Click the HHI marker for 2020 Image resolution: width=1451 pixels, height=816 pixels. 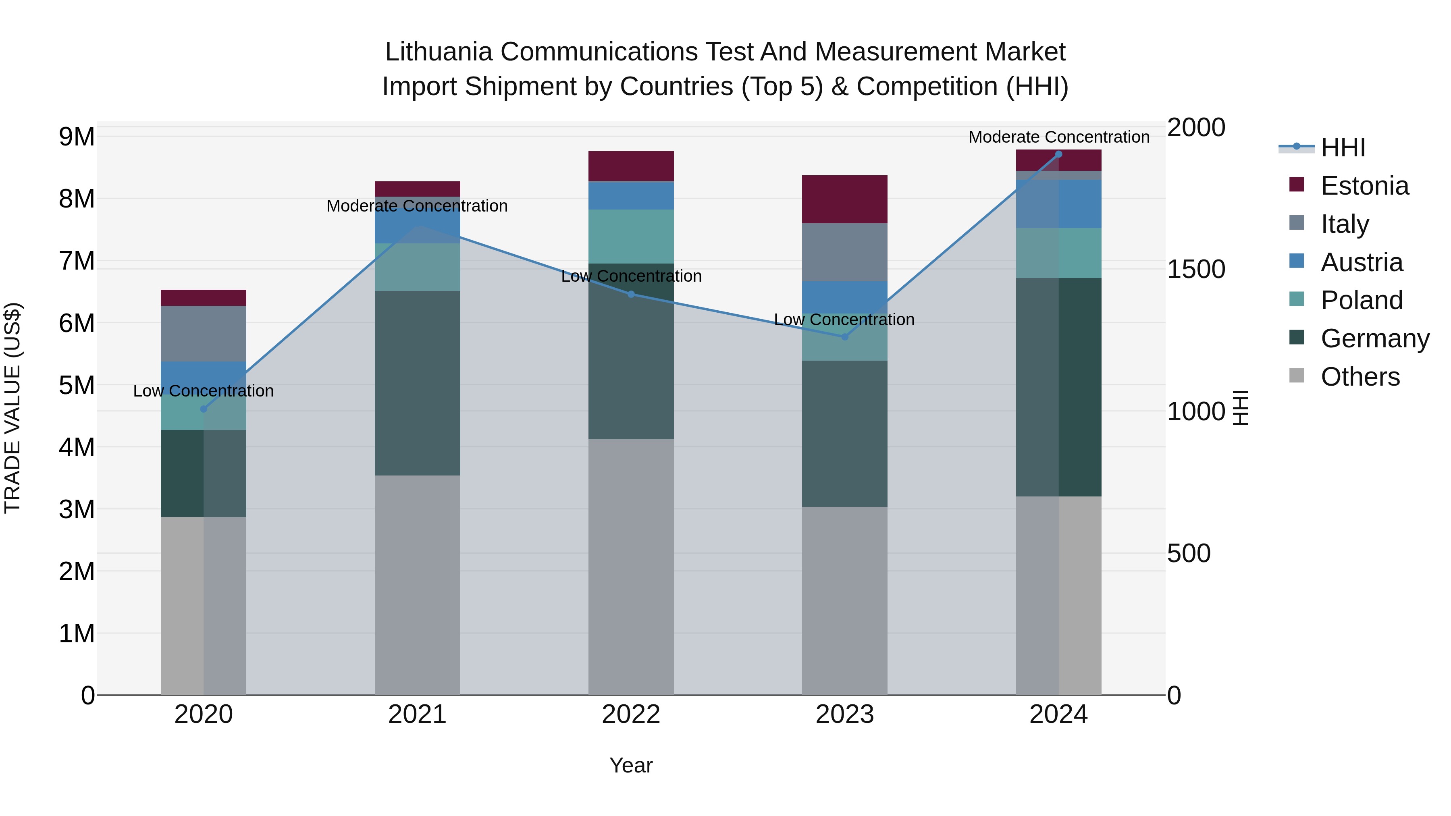pos(204,409)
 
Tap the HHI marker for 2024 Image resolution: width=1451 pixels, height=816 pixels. pos(1058,154)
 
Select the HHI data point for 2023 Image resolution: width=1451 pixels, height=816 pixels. pos(844,337)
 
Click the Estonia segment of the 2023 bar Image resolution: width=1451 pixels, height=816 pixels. pos(844,199)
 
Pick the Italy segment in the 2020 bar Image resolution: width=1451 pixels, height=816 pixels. pos(204,333)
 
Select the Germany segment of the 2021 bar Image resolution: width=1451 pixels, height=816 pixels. pos(418,383)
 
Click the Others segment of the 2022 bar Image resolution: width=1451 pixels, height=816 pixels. pos(631,567)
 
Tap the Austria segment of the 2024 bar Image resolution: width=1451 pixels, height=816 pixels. pos(1058,204)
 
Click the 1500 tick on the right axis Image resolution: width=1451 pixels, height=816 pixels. pos(1195,269)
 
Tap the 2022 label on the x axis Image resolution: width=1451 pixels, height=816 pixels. pos(631,714)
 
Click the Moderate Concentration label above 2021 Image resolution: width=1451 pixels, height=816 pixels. pos(418,206)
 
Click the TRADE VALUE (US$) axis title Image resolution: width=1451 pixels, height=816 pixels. pos(13,408)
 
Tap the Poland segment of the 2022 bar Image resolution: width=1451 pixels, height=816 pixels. pos(631,237)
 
